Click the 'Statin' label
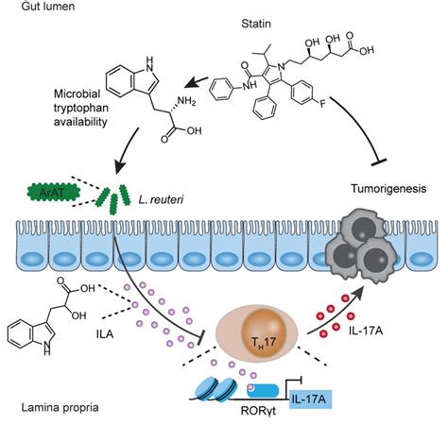256,24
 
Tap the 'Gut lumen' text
48,7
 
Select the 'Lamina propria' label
60,408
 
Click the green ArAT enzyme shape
54,193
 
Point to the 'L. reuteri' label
161,199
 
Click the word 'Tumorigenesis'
388,189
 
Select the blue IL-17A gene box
310,399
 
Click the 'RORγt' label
258,411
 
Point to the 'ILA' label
105,334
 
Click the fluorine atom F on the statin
322,104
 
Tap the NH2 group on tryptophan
187,101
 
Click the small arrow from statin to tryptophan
196,82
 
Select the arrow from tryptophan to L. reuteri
127,151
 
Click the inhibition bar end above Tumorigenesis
378,162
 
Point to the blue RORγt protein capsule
263,391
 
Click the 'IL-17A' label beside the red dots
366,331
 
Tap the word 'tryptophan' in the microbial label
81,108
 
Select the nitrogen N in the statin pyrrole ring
282,66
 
